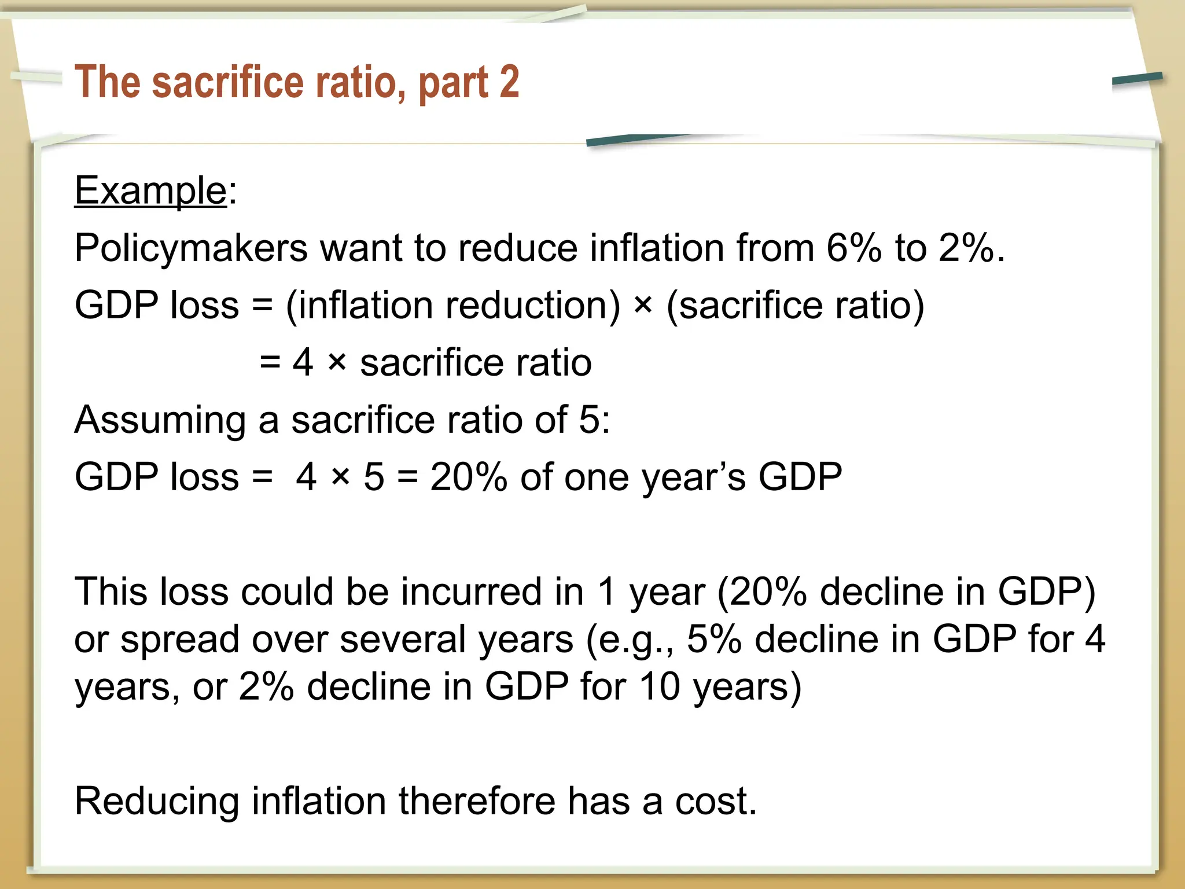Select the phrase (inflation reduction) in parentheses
tap(452, 305)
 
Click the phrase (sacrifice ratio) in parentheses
tap(795, 305)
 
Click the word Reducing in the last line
tap(157, 802)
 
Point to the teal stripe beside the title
tap(1137, 80)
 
